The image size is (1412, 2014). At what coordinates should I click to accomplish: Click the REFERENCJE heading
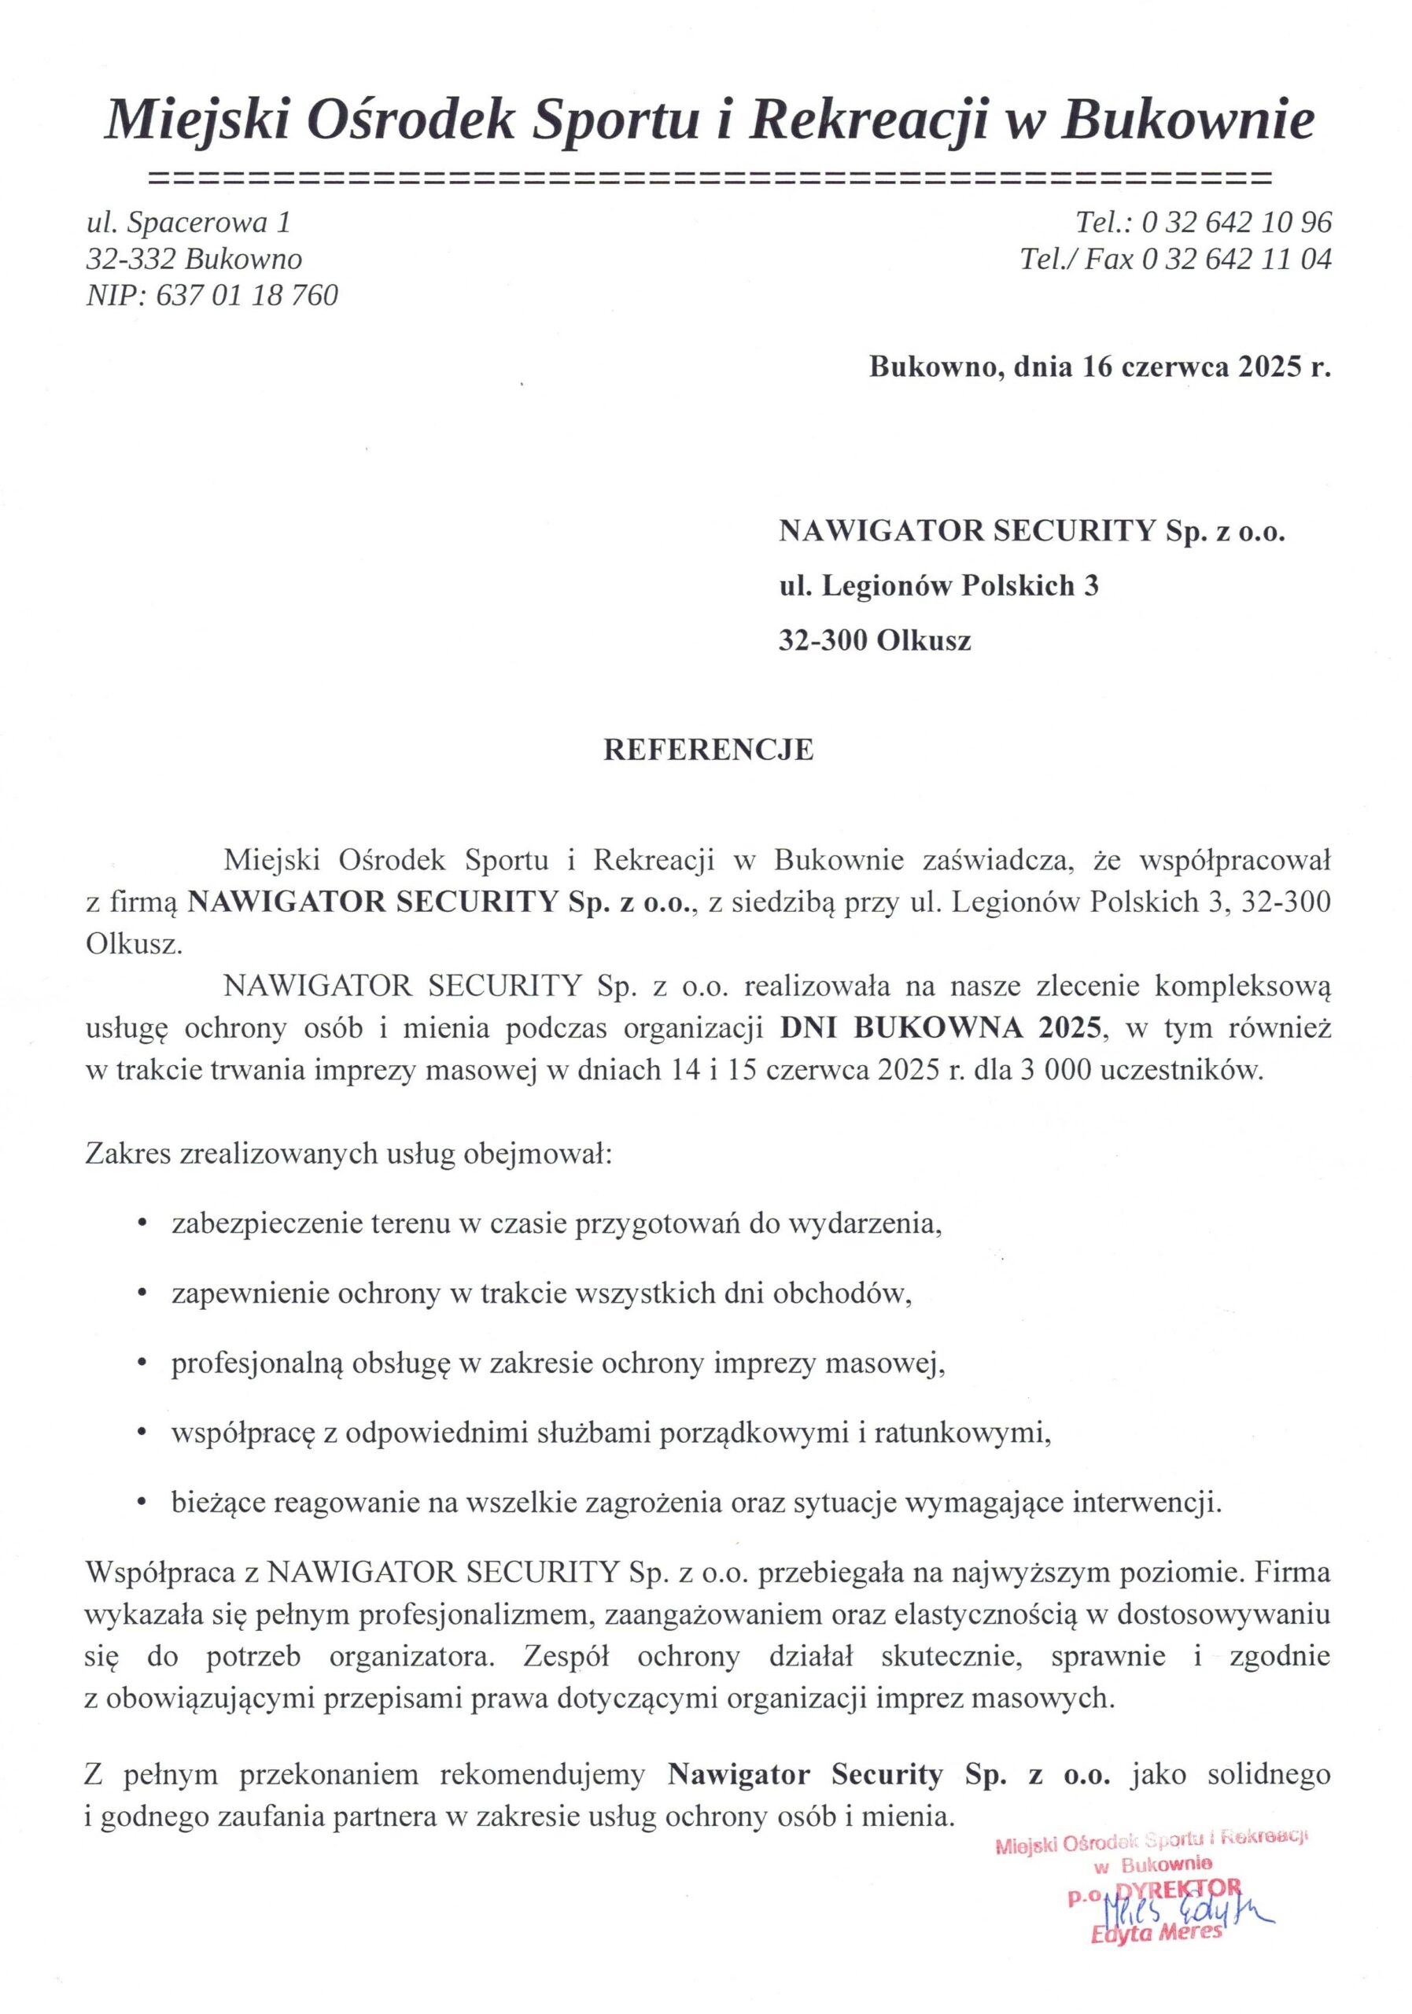point(708,750)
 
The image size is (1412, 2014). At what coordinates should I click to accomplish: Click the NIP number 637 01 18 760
point(245,296)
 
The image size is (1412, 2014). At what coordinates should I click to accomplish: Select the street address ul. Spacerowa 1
point(188,223)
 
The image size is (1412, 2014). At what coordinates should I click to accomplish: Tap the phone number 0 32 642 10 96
point(1236,223)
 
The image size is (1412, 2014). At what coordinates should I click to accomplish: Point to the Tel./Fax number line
point(1174,260)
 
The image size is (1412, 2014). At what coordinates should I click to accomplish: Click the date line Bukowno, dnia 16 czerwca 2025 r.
point(1099,367)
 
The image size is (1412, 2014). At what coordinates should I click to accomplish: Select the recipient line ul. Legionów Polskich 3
point(938,585)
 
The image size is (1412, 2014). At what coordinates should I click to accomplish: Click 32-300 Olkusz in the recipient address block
point(875,640)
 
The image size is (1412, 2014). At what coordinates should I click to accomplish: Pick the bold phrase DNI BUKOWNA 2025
point(939,1028)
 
